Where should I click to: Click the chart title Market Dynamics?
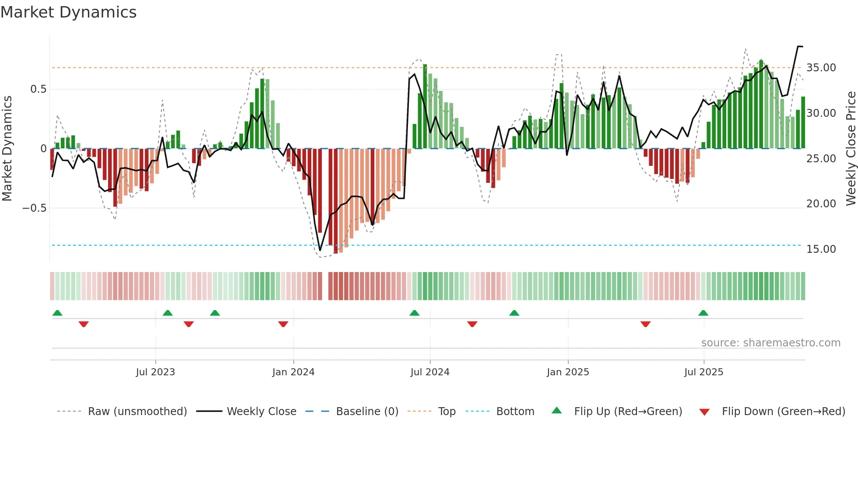coord(69,12)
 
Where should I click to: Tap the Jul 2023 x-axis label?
coord(155,372)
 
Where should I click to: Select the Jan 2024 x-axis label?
coord(293,372)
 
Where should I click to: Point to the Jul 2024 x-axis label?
coord(430,372)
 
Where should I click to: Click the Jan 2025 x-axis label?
coord(568,372)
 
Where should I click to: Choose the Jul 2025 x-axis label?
coord(704,372)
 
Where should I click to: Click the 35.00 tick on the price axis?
coord(821,68)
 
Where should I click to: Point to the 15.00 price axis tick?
coord(821,249)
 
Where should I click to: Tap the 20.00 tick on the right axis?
coord(821,204)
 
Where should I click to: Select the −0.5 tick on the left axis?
coord(35,208)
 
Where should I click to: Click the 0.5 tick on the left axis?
coord(38,89)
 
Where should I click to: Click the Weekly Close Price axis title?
coord(851,149)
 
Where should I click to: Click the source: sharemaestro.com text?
coord(770,343)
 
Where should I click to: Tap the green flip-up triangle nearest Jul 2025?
coord(703,313)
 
